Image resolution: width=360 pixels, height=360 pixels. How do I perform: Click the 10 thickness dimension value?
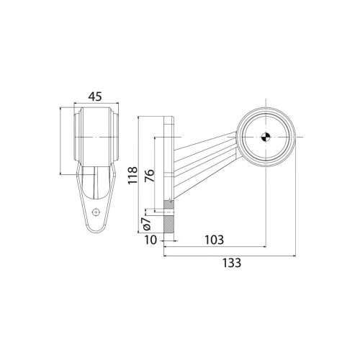(x=152, y=240)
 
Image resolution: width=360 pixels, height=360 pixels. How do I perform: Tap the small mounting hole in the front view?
(x=97, y=212)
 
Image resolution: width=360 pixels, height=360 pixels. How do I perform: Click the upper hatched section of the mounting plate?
(x=168, y=204)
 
